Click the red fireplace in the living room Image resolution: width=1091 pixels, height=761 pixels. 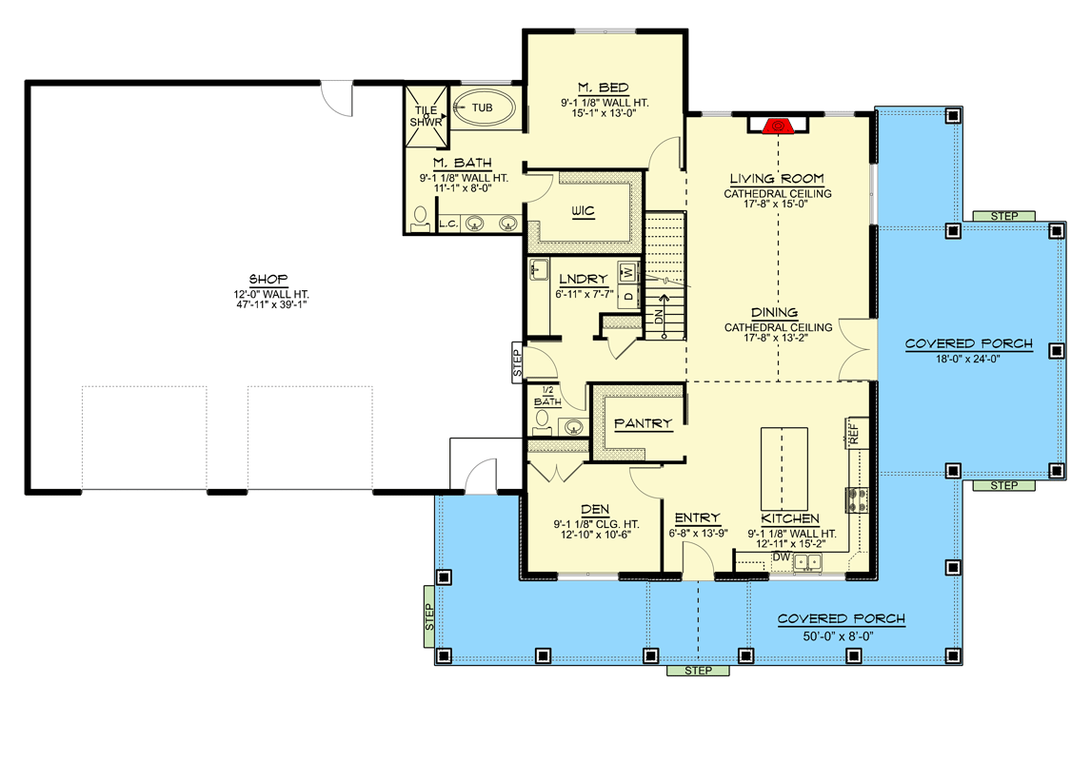778,125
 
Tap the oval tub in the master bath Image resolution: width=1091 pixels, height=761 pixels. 483,108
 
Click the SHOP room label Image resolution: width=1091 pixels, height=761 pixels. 268,279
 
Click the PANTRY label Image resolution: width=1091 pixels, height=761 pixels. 643,423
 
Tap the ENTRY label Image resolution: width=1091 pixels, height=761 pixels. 697,517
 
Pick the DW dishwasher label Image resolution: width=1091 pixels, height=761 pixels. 781,556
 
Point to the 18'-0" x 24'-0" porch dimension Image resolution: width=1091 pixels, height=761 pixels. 968,359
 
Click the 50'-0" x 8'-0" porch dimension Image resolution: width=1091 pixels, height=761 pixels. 841,634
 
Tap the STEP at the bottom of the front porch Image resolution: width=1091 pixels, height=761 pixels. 698,671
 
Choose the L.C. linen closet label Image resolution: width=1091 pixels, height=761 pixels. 448,224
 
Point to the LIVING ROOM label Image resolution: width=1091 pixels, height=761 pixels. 777,179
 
